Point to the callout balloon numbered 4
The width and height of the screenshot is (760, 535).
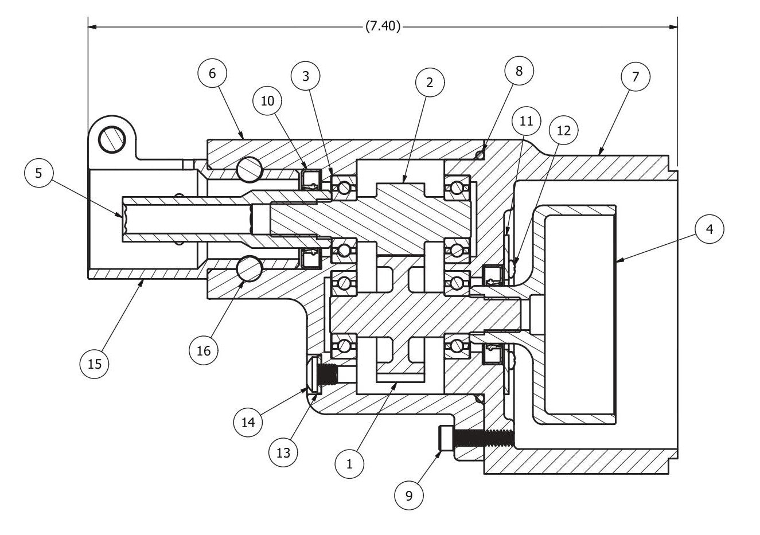tap(710, 229)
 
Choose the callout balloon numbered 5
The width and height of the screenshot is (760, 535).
tap(39, 173)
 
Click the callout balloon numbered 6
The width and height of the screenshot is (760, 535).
tap(212, 73)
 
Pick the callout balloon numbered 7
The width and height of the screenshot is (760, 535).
tap(636, 76)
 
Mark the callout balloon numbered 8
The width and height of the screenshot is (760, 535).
tap(519, 71)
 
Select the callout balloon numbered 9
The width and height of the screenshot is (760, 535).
tap(409, 495)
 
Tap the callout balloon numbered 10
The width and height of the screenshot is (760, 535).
tap(268, 101)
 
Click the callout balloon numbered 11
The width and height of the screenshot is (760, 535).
tap(527, 121)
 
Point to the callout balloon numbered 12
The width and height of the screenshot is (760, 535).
tap(563, 131)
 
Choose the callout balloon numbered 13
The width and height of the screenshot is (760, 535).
tap(283, 452)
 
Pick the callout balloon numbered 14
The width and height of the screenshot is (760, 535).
tap(248, 423)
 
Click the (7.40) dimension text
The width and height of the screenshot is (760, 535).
tap(383, 26)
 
